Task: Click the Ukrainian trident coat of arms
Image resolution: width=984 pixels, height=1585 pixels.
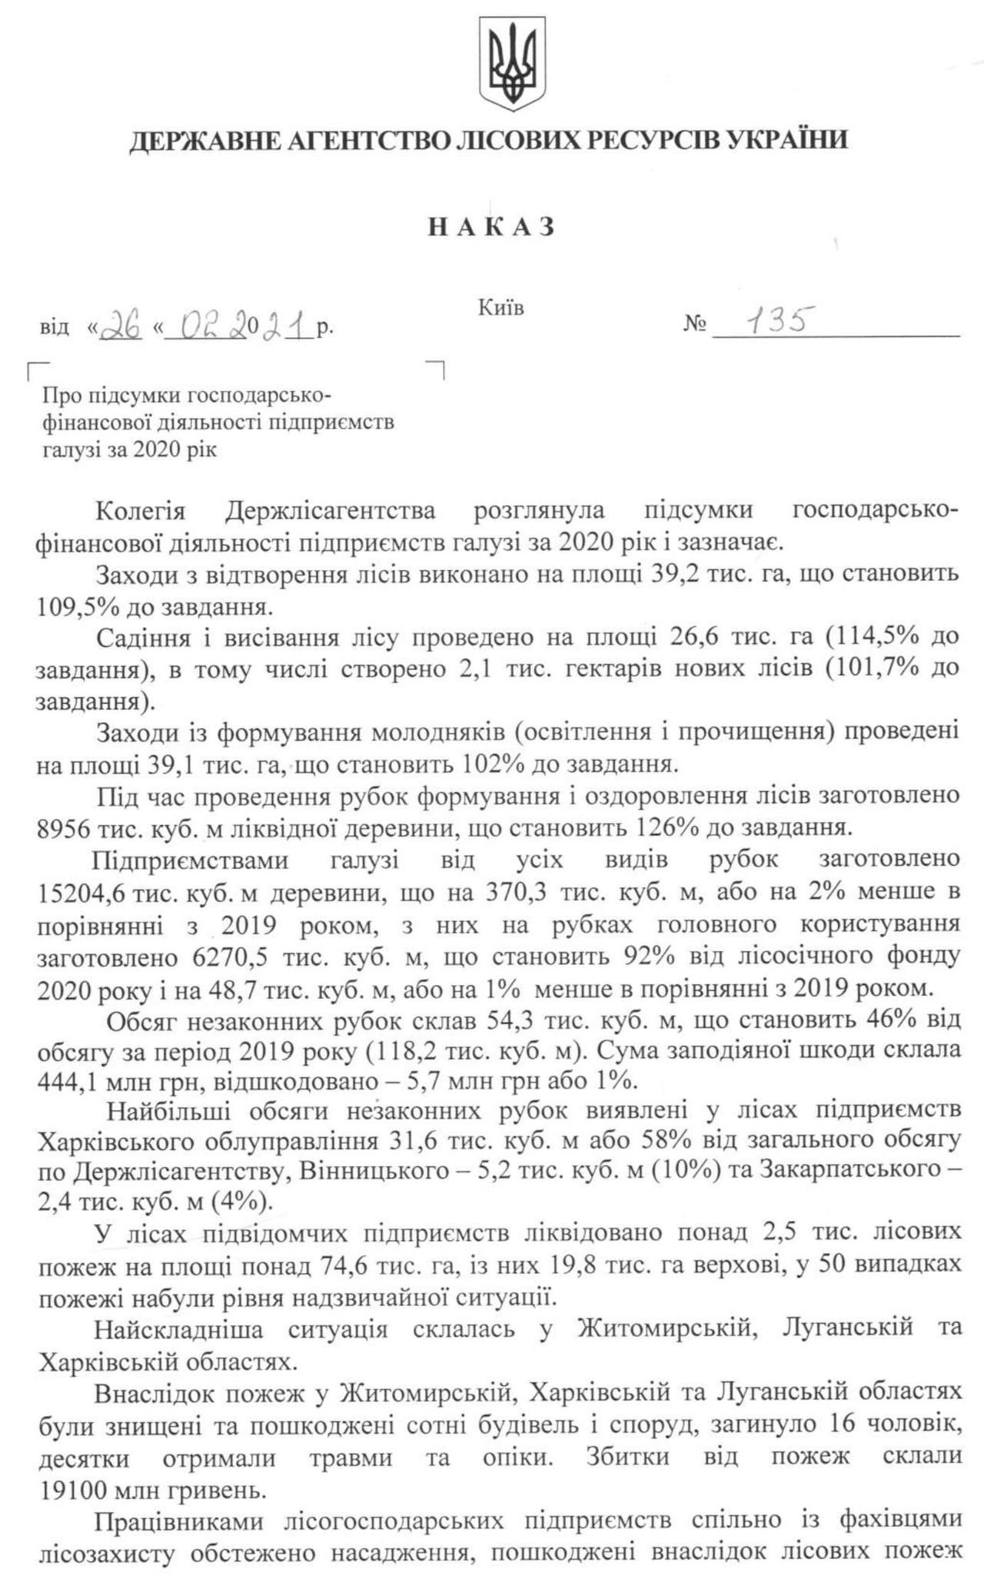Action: [x=511, y=65]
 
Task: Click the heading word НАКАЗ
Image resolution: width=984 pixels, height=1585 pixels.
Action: [x=491, y=227]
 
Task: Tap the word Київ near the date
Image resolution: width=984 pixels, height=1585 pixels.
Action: [x=500, y=309]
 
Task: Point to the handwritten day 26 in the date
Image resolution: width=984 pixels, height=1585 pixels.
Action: [x=123, y=326]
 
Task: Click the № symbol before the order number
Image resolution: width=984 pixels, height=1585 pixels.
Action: [x=694, y=326]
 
